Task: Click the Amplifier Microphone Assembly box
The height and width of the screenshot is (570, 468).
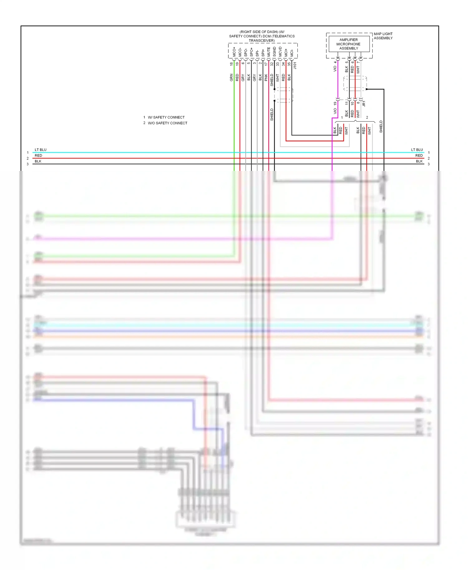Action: pyautogui.click(x=349, y=44)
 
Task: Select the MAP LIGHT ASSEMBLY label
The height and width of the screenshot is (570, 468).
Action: pyautogui.click(x=383, y=36)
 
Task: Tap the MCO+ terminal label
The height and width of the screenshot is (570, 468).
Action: pyautogui.click(x=234, y=52)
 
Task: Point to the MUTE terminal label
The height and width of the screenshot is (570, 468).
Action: pyautogui.click(x=269, y=52)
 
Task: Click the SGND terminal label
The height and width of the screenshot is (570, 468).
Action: pyautogui.click(x=275, y=52)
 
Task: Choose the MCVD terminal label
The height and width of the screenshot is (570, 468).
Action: pyautogui.click(x=280, y=52)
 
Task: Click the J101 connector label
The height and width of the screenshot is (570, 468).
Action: pyautogui.click(x=295, y=65)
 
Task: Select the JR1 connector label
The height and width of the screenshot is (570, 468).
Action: pyautogui.click(x=364, y=104)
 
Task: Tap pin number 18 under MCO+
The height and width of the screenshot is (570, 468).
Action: pyautogui.click(x=231, y=64)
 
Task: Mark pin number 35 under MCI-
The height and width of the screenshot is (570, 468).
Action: pyautogui.click(x=289, y=64)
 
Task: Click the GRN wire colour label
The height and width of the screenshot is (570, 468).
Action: pyautogui.click(x=231, y=77)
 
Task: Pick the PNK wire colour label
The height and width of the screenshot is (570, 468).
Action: pyautogui.click(x=266, y=77)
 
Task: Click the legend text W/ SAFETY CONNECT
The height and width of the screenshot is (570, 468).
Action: pyautogui.click(x=166, y=117)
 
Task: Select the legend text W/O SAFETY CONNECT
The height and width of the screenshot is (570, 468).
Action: pyautogui.click(x=167, y=123)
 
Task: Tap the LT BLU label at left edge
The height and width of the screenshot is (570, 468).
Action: pyautogui.click(x=41, y=150)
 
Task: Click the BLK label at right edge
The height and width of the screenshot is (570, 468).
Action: pyautogui.click(x=419, y=161)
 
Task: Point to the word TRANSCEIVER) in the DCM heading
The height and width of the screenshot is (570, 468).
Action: pyautogui.click(x=262, y=41)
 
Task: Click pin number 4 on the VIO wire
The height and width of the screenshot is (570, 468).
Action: pyautogui.click(x=335, y=62)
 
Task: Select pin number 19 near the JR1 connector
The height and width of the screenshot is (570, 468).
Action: pyautogui.click(x=335, y=103)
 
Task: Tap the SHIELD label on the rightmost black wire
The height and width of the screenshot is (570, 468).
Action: pyautogui.click(x=381, y=127)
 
